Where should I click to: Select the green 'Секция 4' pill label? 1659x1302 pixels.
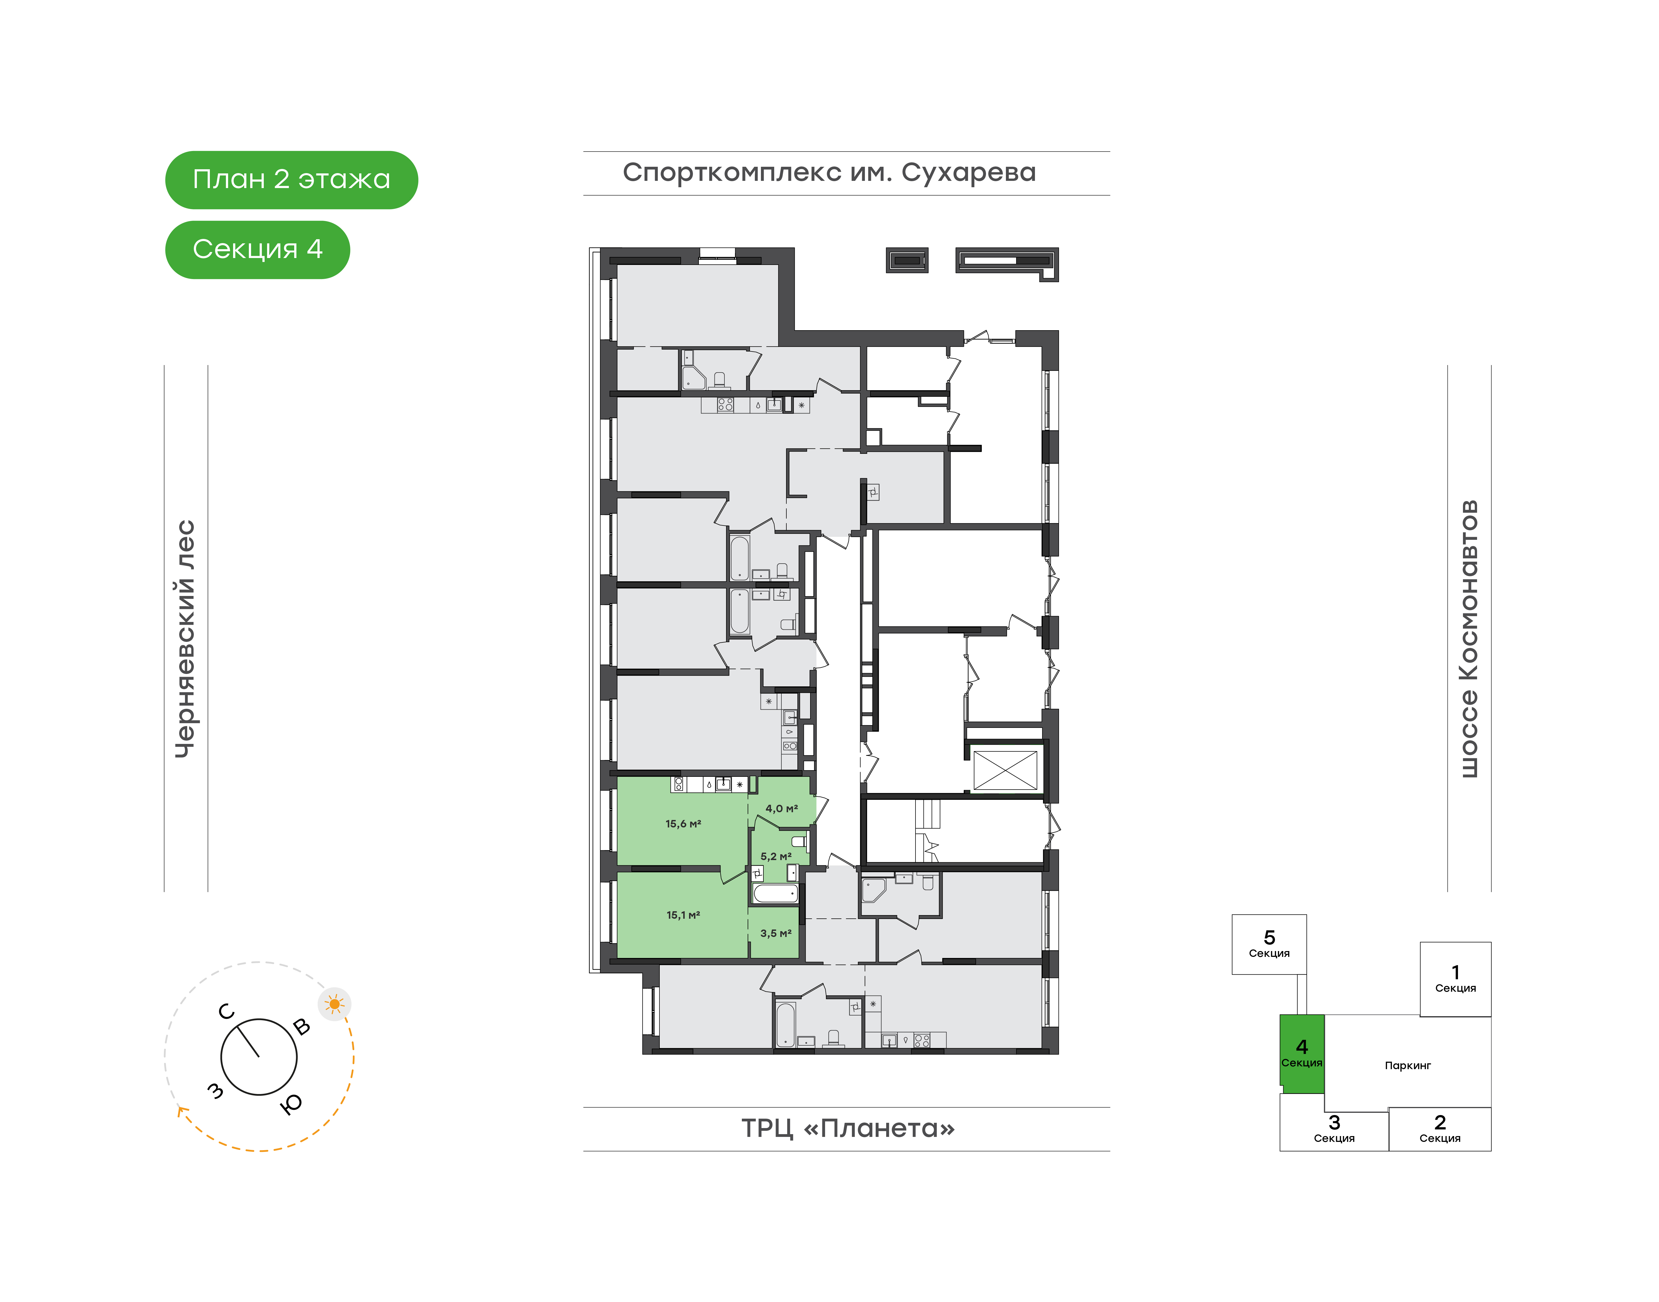click(258, 249)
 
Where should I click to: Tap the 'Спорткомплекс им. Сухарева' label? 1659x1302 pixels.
click(829, 173)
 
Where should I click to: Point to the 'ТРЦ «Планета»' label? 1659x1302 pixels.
click(848, 1128)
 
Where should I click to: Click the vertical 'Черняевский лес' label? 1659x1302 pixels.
click(185, 639)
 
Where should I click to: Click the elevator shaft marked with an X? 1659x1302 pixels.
click(1005, 770)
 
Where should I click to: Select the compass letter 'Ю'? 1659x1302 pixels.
click(292, 1103)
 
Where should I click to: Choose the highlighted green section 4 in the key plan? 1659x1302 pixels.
click(1301, 1053)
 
